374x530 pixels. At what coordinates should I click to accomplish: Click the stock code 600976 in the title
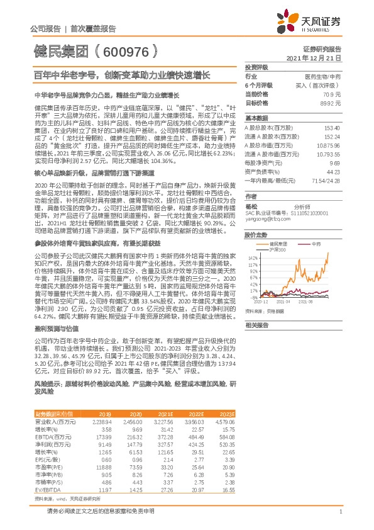(x=122, y=51)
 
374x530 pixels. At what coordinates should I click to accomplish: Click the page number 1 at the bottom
(x=340, y=513)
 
